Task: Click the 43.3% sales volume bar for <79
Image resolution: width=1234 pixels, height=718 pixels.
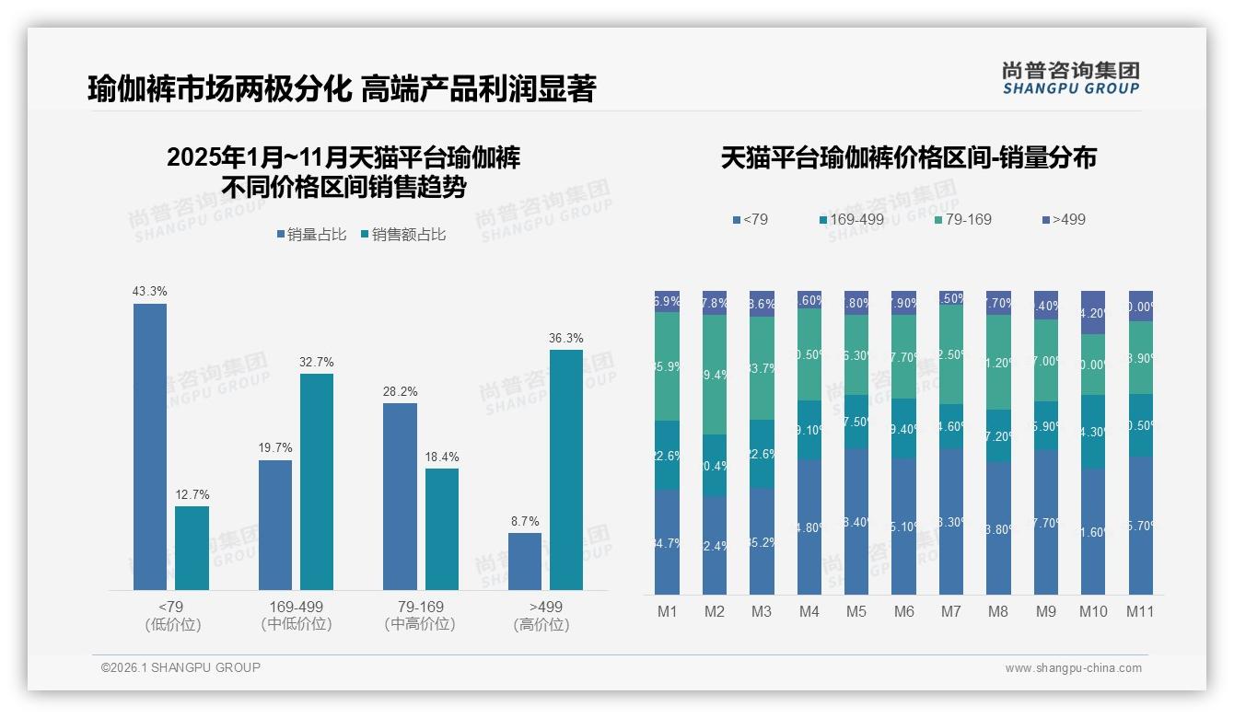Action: pos(150,446)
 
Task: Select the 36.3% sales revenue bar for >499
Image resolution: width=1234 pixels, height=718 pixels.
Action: pos(566,469)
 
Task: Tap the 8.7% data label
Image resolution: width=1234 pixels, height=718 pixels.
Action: pos(525,521)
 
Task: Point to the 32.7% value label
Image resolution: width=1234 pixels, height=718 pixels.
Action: pos(316,362)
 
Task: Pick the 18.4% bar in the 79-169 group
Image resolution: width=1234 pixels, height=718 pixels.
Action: pos(442,529)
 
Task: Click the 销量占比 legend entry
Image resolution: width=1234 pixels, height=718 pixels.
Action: pos(311,235)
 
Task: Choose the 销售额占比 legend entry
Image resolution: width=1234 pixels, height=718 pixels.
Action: pos(403,235)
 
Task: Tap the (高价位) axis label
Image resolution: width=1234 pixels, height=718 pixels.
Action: pos(541,624)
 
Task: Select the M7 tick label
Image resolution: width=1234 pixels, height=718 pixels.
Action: pos(951,611)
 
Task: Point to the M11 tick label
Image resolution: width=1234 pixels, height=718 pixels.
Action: pos(1140,611)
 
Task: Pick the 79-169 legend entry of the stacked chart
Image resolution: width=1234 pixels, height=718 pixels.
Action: pos(963,219)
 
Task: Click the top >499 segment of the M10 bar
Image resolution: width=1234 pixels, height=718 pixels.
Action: pos(1093,313)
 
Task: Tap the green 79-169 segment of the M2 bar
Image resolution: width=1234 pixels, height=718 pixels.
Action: pos(715,375)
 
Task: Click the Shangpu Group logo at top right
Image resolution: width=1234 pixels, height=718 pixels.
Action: pos(1070,77)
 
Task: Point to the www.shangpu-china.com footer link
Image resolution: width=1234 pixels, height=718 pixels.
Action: pos(1073,668)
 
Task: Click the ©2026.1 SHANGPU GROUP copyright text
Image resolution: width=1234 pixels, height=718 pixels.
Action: pos(180,667)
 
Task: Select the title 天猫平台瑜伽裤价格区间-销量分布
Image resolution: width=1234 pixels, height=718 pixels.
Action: pos(908,158)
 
